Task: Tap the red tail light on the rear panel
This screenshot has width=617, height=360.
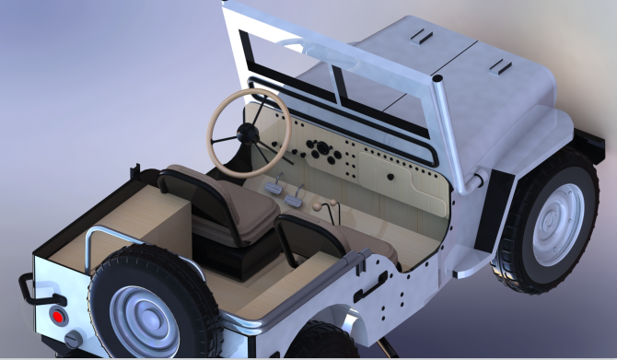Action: [x=58, y=316]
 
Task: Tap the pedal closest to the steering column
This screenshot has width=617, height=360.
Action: [x=274, y=188]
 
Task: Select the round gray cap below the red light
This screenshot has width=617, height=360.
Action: [x=73, y=341]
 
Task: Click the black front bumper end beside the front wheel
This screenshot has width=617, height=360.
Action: [x=590, y=146]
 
